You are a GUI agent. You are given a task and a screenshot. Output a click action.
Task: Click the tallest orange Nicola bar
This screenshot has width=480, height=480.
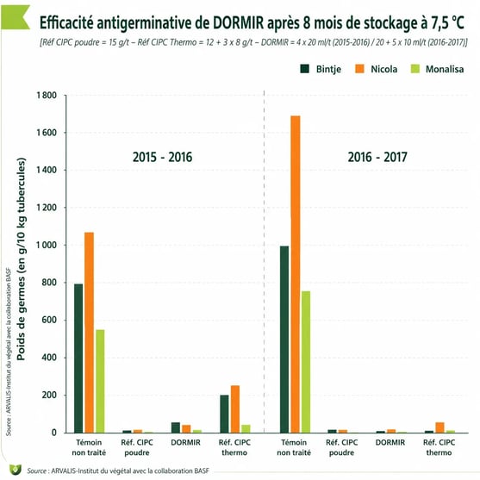296,274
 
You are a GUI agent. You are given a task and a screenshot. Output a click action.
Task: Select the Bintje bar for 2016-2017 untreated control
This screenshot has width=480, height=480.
284,340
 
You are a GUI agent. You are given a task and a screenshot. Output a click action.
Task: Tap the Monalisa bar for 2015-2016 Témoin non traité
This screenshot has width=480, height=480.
100,381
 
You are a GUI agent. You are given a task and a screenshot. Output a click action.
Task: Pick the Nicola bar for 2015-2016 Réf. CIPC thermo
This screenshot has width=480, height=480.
235,409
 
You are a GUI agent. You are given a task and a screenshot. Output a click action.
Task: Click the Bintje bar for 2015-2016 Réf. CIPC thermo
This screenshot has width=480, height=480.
224,414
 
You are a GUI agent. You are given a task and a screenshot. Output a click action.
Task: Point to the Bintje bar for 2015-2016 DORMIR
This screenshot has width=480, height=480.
176,427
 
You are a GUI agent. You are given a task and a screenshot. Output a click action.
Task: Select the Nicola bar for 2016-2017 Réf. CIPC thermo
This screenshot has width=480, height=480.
439,427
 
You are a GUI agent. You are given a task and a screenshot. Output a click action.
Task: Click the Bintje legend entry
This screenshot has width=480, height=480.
321,69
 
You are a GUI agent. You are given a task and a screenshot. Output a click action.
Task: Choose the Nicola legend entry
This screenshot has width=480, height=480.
377,69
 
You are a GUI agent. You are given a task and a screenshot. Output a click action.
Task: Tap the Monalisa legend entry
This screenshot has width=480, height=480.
437,69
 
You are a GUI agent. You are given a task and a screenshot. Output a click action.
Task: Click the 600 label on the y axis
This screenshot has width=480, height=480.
49,320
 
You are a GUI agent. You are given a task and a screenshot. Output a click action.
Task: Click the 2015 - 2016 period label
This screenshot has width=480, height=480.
162,157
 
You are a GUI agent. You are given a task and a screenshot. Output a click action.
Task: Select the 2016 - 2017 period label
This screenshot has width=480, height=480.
377,157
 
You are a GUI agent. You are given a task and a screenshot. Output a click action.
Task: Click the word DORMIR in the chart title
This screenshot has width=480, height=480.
238,22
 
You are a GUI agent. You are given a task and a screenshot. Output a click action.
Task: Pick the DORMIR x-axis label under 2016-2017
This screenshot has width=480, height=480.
390,442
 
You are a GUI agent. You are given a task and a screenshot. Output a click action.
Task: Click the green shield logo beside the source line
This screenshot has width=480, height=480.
15,470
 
